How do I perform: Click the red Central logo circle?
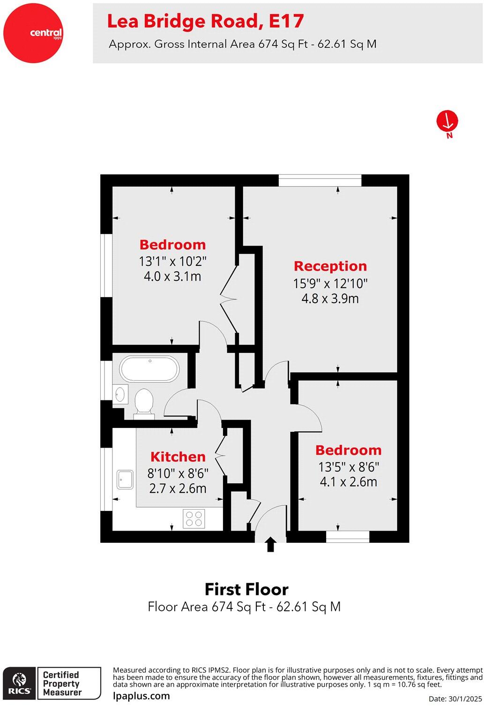(x=33, y=33)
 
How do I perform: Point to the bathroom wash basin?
(x=120, y=393)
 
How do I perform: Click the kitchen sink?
(x=125, y=479)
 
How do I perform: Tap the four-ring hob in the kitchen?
(x=194, y=518)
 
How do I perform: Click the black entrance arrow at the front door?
(x=270, y=545)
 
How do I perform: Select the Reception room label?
(x=330, y=266)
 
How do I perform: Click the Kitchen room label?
(x=178, y=457)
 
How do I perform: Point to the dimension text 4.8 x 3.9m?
(x=330, y=299)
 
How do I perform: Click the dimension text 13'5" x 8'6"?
(x=349, y=467)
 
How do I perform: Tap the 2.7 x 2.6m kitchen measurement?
(x=178, y=488)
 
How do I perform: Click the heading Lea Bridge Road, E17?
(x=205, y=21)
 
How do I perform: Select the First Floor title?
(x=246, y=589)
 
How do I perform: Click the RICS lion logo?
(x=19, y=683)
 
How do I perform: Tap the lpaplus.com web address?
(x=141, y=696)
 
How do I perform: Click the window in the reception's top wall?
(x=320, y=180)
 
